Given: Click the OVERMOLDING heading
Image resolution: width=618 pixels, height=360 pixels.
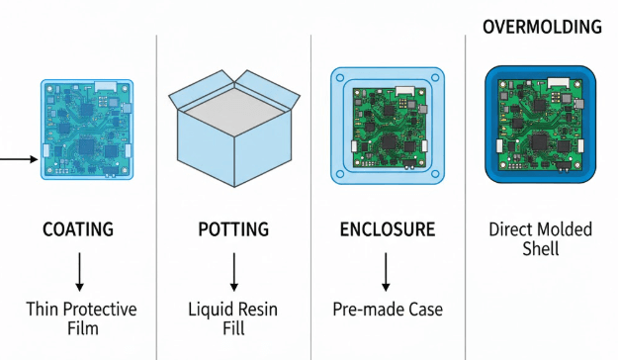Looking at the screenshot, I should coord(541,27).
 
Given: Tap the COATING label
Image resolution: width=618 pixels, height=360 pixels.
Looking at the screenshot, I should coord(78,230).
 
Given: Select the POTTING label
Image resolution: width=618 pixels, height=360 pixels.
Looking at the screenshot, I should coord(233,230).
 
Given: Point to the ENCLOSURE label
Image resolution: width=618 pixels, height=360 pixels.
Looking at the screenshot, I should coord(387,230).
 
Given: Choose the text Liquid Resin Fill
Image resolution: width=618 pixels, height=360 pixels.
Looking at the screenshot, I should coord(233,319).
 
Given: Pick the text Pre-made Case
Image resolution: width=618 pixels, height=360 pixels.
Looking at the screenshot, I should coord(388,310).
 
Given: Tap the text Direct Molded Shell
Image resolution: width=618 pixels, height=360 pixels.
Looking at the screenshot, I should coord(540,239).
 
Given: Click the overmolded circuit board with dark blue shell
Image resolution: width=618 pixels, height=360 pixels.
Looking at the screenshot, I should coord(541,126).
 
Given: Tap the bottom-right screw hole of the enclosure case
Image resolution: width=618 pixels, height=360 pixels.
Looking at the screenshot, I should coord(435,175).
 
